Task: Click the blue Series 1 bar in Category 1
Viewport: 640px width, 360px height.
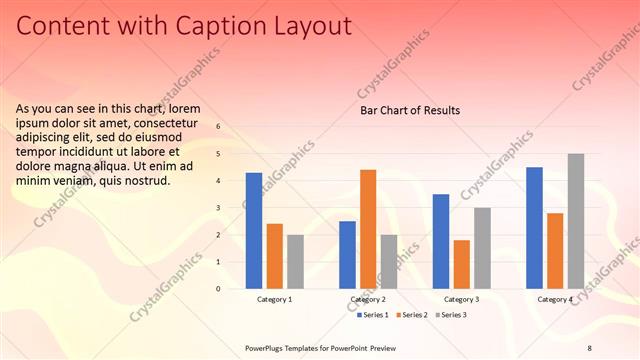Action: point(254,231)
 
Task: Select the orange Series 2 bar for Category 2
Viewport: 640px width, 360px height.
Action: point(368,229)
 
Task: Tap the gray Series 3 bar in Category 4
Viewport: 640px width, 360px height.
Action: point(576,221)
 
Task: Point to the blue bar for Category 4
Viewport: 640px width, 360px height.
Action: point(534,228)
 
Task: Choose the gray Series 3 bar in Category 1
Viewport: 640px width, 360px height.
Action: point(295,262)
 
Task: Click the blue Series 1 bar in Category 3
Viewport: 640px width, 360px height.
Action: point(441,241)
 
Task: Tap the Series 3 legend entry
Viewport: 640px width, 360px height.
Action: point(452,315)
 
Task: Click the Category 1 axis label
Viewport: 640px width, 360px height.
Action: point(275,299)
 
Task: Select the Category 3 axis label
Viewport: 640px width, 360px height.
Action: point(461,299)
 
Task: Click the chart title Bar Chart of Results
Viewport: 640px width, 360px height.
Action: point(410,110)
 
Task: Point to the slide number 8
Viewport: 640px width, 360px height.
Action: point(589,347)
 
